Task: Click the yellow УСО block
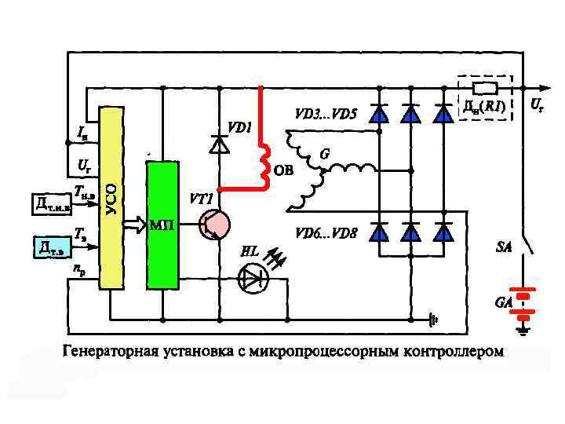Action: pyautogui.click(x=111, y=196)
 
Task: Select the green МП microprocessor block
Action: pyautogui.click(x=162, y=225)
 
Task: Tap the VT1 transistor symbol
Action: pyautogui.click(x=213, y=225)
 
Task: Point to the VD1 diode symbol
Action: pyautogui.click(x=219, y=144)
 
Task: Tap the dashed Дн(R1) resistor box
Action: pyautogui.click(x=484, y=98)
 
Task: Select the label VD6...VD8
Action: pyautogui.click(x=326, y=233)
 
